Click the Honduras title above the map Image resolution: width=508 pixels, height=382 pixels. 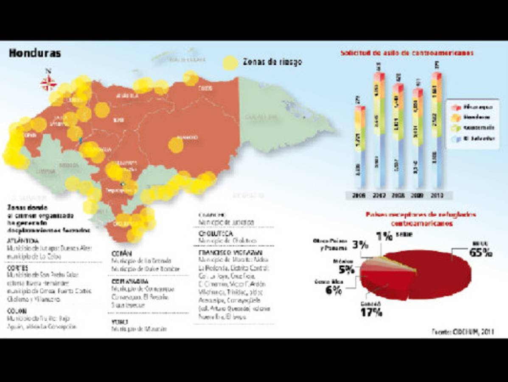pyautogui.click(x=35, y=53)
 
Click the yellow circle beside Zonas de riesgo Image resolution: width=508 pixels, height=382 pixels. pyautogui.click(x=231, y=62)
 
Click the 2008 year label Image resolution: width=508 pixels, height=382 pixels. pyautogui.click(x=398, y=195)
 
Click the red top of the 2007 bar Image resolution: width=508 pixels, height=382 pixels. pyautogui.click(x=379, y=76)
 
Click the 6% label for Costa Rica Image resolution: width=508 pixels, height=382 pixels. pyautogui.click(x=334, y=290)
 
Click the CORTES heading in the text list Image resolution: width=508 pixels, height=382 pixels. pyautogui.click(x=17, y=268)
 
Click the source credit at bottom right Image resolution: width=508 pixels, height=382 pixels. pyautogui.click(x=463, y=331)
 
